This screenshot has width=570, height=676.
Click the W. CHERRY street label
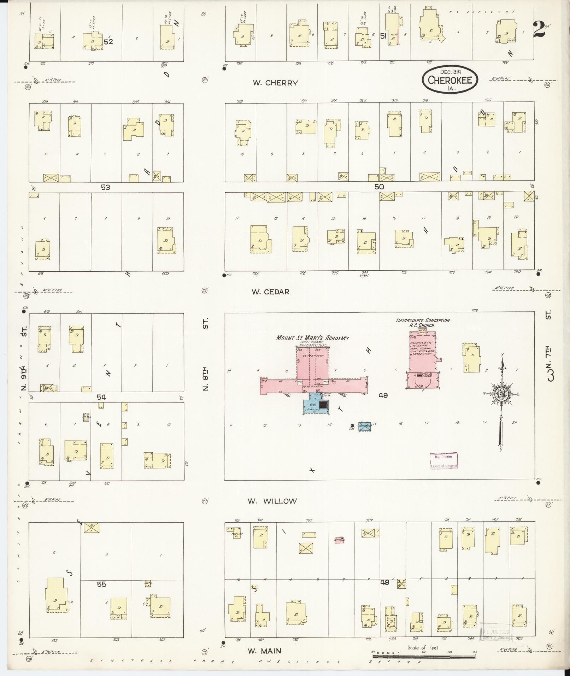click(275, 83)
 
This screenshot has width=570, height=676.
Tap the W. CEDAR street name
click(270, 292)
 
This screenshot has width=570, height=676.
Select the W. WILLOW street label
click(272, 501)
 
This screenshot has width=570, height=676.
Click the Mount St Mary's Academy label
click(313, 338)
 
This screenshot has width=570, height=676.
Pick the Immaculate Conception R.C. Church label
click(423, 322)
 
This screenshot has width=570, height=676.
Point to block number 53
click(105, 187)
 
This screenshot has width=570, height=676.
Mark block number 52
click(108, 41)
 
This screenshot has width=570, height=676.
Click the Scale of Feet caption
click(423, 647)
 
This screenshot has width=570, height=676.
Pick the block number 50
click(379, 187)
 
